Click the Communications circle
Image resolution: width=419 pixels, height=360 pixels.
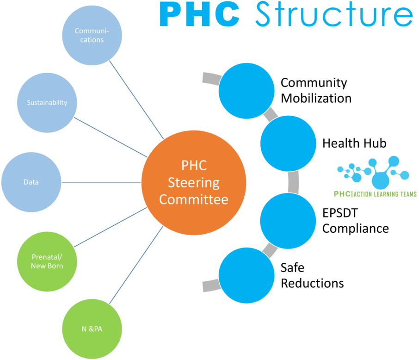click(x=92, y=35)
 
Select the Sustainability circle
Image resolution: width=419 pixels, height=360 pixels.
click(x=47, y=102)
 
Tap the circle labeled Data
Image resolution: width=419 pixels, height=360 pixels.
click(x=31, y=182)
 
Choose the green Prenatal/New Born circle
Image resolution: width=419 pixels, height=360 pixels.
click(x=47, y=262)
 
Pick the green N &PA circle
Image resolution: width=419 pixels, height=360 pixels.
click(x=92, y=329)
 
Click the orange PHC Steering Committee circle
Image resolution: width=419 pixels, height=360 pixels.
click(x=194, y=183)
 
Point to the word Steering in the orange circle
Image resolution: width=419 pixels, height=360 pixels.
click(x=194, y=182)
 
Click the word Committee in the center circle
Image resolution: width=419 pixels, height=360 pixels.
click(x=194, y=199)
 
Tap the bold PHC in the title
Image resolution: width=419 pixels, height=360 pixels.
click(x=199, y=15)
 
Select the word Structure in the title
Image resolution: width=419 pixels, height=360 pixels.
click(x=333, y=15)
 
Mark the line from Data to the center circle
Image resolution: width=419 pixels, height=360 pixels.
click(x=102, y=182)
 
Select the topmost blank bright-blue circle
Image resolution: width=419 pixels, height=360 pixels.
click(x=246, y=90)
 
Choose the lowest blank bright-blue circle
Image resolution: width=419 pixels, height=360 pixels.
click(x=246, y=275)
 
